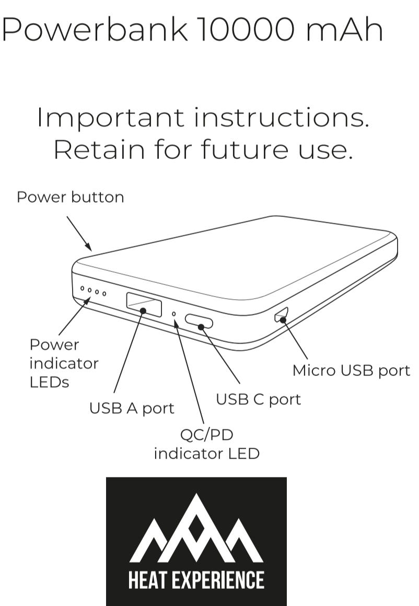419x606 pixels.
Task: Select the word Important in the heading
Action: tap(110, 118)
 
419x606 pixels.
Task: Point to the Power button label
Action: tap(71, 197)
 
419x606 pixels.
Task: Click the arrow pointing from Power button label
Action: tap(79, 233)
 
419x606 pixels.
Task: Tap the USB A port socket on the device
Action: tap(144, 305)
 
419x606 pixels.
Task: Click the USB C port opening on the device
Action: tap(199, 321)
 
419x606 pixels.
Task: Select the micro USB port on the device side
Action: tap(281, 314)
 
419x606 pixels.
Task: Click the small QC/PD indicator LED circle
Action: tap(174, 313)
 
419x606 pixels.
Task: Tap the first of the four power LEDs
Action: tap(82, 288)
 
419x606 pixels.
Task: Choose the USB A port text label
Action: tap(132, 409)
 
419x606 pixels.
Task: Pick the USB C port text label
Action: tap(259, 399)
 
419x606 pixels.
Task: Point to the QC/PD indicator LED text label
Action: tap(206, 444)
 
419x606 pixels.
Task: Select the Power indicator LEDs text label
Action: tap(64, 363)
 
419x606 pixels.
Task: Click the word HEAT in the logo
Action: tap(148, 580)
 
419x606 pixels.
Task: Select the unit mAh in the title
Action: tap(344, 29)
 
